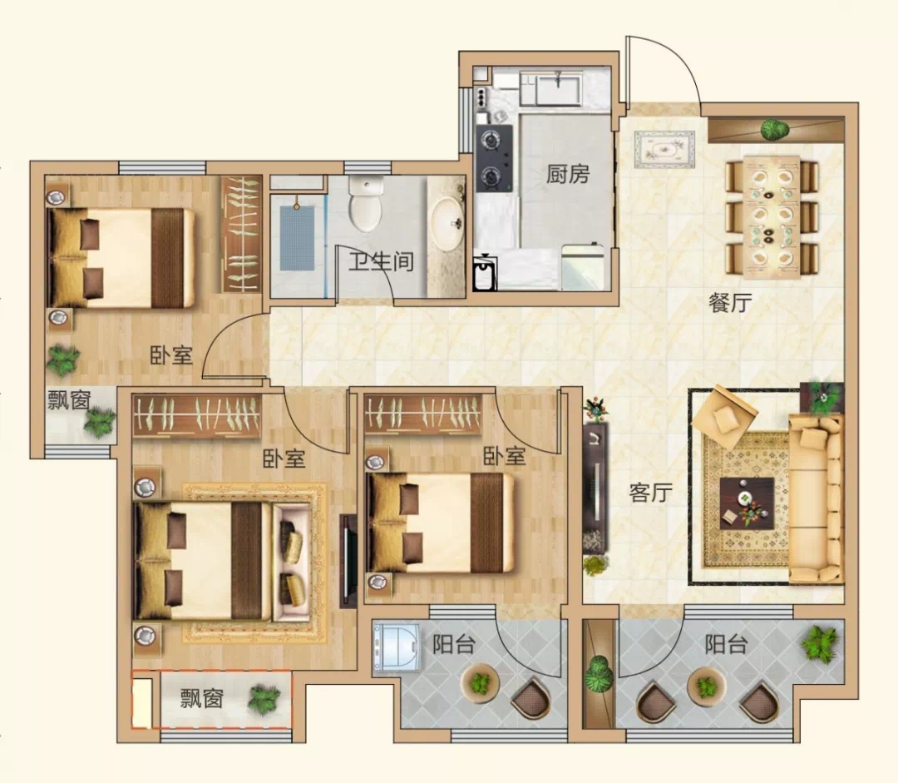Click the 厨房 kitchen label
click(567, 174)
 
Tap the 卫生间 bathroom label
click(382, 261)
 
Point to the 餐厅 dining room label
click(730, 303)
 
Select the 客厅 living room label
click(650, 493)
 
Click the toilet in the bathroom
click(365, 204)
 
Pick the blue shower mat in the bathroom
click(297, 238)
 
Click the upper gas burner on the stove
click(491, 140)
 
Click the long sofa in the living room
click(816, 498)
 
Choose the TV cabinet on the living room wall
click(595, 488)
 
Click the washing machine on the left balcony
click(397, 647)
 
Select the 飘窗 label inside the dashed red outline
click(201, 699)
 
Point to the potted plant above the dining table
click(774, 129)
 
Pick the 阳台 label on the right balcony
click(726, 644)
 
